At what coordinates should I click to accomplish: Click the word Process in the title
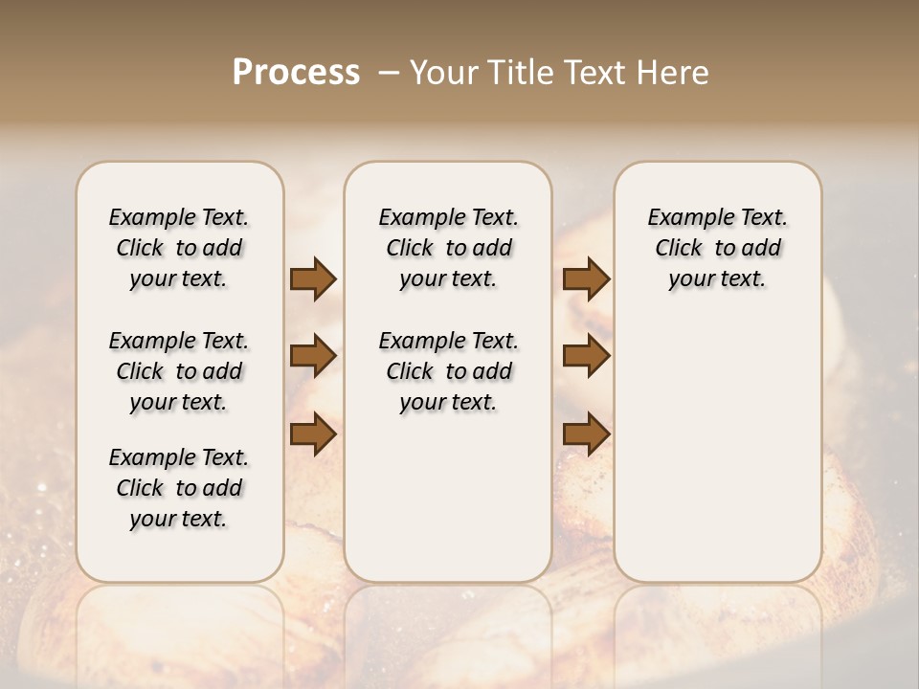click(x=296, y=73)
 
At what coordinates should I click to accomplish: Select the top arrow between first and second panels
click(x=313, y=279)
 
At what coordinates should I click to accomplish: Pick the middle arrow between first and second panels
click(x=313, y=357)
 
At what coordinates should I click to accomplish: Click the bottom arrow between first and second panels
click(x=313, y=434)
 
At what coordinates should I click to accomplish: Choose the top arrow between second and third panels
click(x=586, y=279)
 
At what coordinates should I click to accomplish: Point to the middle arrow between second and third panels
click(x=586, y=357)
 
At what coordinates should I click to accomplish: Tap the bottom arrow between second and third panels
click(x=586, y=434)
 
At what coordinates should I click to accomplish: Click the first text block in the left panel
click(x=179, y=248)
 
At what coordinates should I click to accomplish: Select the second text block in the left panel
click(x=179, y=371)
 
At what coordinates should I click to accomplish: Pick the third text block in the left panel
click(x=179, y=488)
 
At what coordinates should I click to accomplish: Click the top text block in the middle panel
click(x=448, y=248)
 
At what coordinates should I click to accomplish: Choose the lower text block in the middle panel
click(x=448, y=371)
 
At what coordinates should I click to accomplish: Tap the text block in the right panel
click(x=717, y=248)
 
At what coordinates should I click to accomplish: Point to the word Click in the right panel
click(x=679, y=249)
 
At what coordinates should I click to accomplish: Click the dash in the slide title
click(x=389, y=73)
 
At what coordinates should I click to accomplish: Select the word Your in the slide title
click(x=443, y=73)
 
